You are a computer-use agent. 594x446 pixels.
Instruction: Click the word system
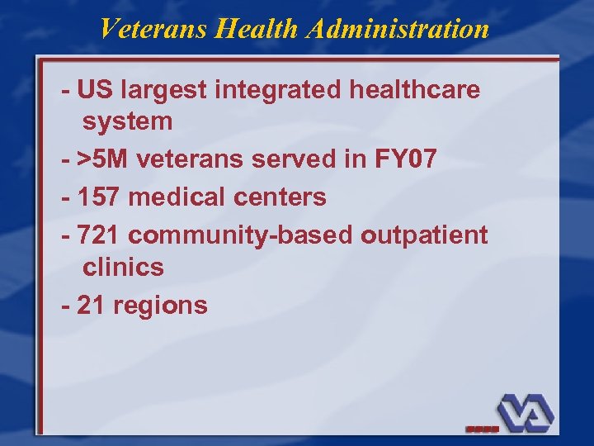click(127, 122)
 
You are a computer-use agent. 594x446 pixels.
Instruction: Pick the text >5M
click(102, 159)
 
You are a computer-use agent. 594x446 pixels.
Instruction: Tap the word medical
click(177, 197)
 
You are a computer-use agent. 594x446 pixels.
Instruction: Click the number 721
click(99, 235)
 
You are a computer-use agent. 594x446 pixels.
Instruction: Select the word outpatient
click(424, 235)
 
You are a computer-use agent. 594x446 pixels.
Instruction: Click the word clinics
click(123, 268)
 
